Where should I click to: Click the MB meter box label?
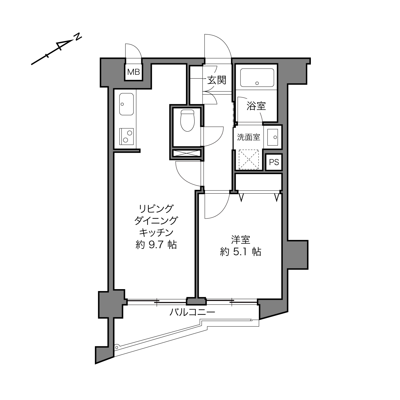pyautogui.click(x=134, y=72)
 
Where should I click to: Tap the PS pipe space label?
pyautogui.click(x=274, y=162)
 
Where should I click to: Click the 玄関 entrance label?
pyautogui.click(x=217, y=80)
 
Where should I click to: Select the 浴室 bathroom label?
pyautogui.click(x=256, y=106)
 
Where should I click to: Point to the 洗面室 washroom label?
pyautogui.click(x=249, y=137)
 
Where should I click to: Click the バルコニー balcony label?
pyautogui.click(x=192, y=312)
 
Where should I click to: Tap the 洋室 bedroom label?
pyautogui.click(x=241, y=240)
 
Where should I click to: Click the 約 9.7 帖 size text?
pyautogui.click(x=156, y=245)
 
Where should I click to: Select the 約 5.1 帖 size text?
pyautogui.click(x=241, y=252)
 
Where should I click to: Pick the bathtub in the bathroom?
pyautogui.click(x=257, y=78)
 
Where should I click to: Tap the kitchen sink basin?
pyautogui.click(x=127, y=104)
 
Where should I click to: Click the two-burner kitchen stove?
pyautogui.click(x=127, y=136)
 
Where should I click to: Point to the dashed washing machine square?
pyautogui.click(x=249, y=159)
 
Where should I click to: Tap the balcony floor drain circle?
pyautogui.click(x=117, y=347)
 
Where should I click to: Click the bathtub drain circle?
pyautogui.click(x=257, y=83)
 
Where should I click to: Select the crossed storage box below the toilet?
pyautogui.click(x=187, y=153)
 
